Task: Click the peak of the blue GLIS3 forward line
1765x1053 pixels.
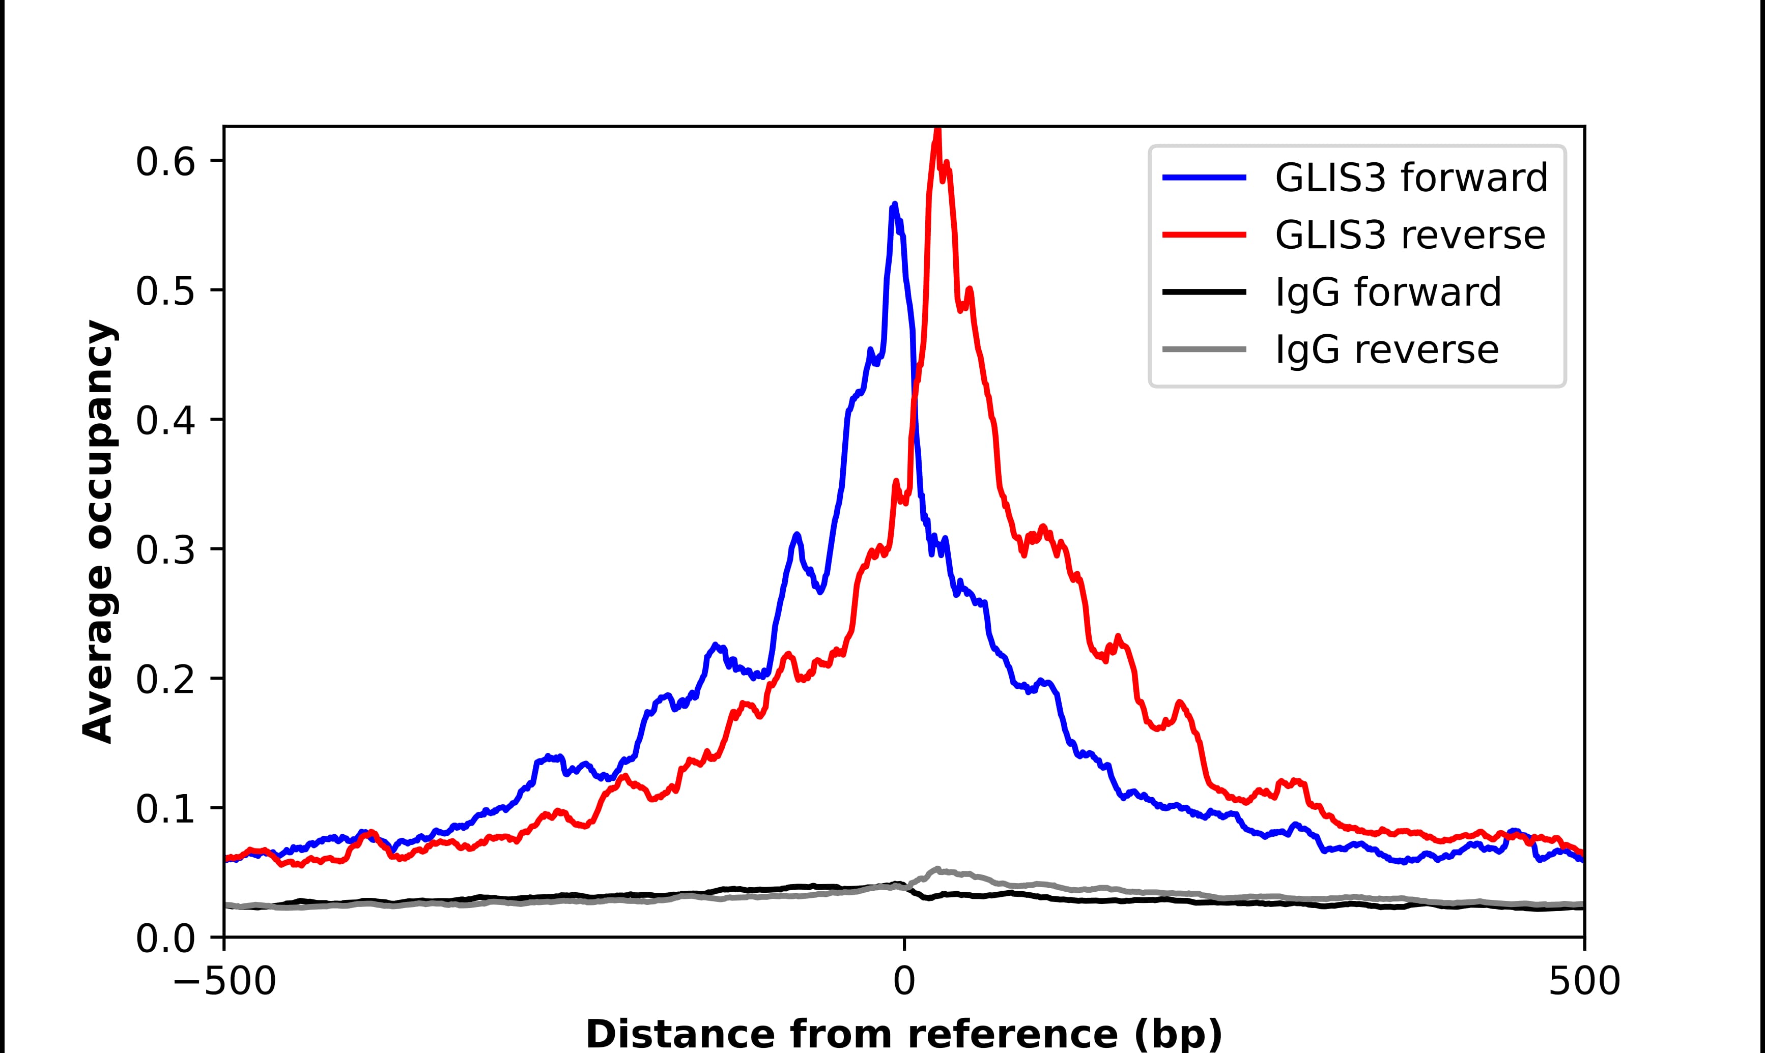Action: [x=894, y=205]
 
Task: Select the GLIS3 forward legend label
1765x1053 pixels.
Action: [x=1411, y=178]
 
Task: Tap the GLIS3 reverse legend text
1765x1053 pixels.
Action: [x=1409, y=235]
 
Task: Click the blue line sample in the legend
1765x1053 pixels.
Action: [x=1204, y=178]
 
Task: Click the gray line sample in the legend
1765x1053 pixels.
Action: [x=1204, y=349]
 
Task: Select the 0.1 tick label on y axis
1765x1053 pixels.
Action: [x=165, y=810]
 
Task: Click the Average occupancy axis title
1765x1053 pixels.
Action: [x=98, y=532]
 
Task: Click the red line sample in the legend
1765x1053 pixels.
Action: [x=1204, y=235]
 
